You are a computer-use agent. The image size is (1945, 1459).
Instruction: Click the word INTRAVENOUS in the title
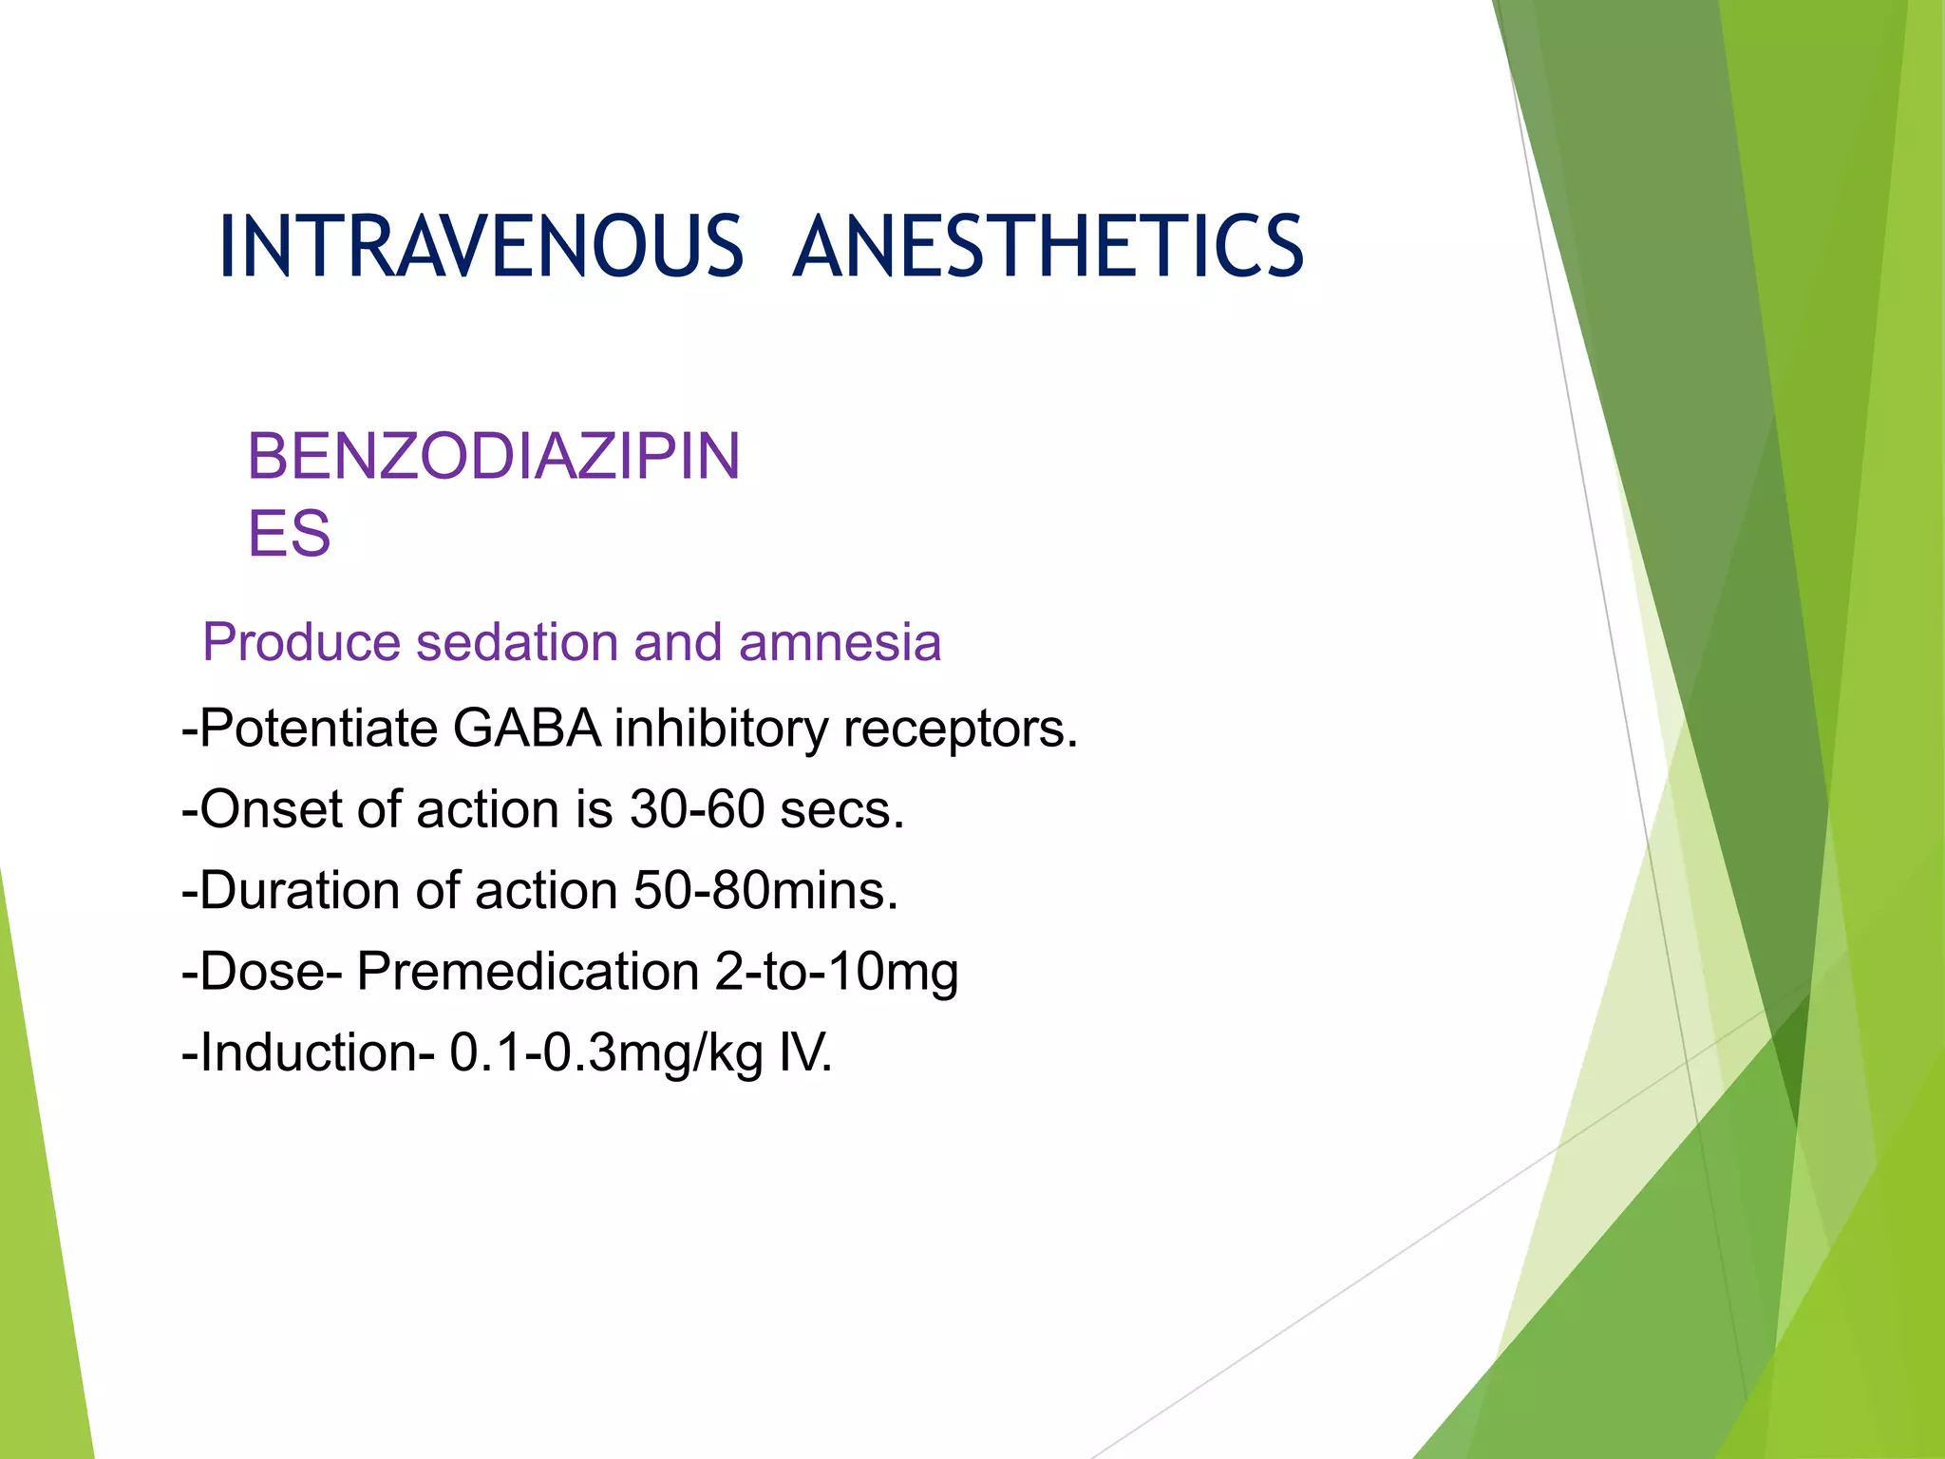tap(481, 247)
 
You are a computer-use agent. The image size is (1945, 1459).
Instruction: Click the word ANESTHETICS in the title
tap(1048, 247)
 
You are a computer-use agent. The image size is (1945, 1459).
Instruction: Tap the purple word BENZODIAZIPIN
tap(493, 457)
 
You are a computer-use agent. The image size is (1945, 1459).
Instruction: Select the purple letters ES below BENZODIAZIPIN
tap(289, 534)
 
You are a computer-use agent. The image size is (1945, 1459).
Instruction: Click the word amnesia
tap(840, 642)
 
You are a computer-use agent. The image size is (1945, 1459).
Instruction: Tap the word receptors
tap(960, 729)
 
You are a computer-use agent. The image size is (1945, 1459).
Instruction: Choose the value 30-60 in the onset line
tap(697, 810)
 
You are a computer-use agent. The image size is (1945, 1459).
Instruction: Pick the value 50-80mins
tap(765, 891)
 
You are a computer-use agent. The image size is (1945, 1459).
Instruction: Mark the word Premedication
tap(528, 972)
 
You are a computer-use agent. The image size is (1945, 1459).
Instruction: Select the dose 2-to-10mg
tap(836, 972)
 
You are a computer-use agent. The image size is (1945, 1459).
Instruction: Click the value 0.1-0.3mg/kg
tap(606, 1053)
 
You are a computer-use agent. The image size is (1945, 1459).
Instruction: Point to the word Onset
tap(262, 810)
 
